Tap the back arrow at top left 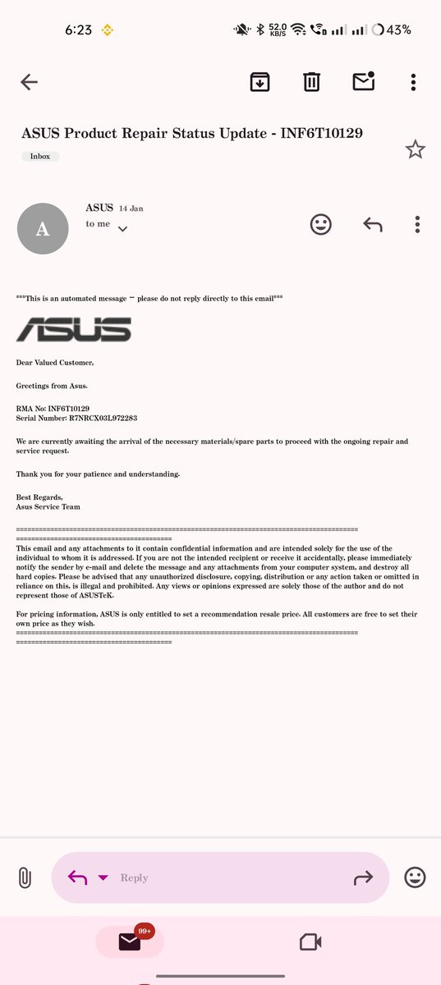pos(30,82)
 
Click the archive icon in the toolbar pos(260,82)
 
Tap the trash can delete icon pos(311,82)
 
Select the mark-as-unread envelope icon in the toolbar pos(363,81)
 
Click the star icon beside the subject pos(416,149)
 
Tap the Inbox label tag pos(40,156)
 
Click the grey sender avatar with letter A pos(44,229)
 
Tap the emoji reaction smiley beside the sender pos(321,224)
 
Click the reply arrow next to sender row pos(373,224)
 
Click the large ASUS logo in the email pos(74,329)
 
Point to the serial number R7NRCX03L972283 pos(103,418)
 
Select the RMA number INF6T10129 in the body pos(69,408)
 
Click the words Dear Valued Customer pos(55,362)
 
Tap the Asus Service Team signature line pos(48,506)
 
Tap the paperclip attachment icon pos(25,877)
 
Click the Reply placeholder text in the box pos(135,877)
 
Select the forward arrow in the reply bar pos(363,877)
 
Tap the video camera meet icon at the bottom pos(310,941)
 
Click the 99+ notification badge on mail pos(145,932)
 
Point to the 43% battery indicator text pos(398,30)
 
